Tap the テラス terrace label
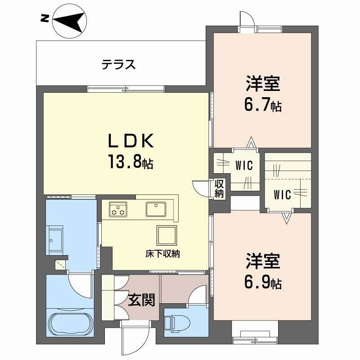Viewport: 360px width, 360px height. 118,65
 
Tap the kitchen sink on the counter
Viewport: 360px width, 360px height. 156,208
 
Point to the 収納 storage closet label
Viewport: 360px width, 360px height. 219,189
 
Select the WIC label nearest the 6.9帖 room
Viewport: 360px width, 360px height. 283,195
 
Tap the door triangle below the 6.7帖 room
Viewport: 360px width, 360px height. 251,144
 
